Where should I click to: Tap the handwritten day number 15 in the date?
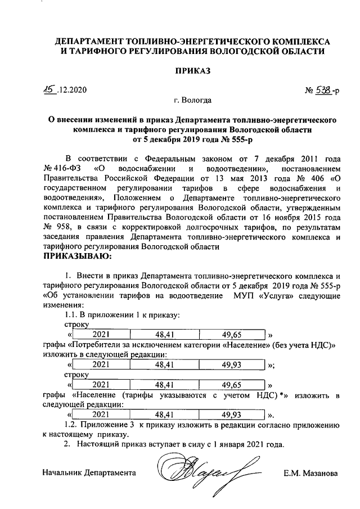pyautogui.click(x=50, y=90)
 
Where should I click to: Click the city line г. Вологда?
pyautogui.click(x=192, y=101)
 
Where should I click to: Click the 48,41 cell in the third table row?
pyautogui.click(x=167, y=385)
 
